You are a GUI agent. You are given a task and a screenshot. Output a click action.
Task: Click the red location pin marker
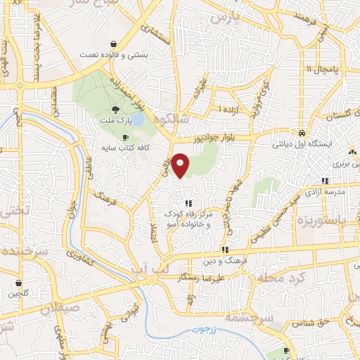click(x=181, y=165)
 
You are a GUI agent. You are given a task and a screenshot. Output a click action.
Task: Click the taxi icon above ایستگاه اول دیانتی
click(x=302, y=133)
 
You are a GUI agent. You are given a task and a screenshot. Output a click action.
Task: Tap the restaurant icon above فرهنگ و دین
click(x=225, y=250)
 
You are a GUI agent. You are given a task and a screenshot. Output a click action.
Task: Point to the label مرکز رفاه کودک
click(x=188, y=213)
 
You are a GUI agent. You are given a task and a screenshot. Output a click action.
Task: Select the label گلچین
click(x=19, y=294)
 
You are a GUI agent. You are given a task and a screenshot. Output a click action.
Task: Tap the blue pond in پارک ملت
click(x=136, y=121)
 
